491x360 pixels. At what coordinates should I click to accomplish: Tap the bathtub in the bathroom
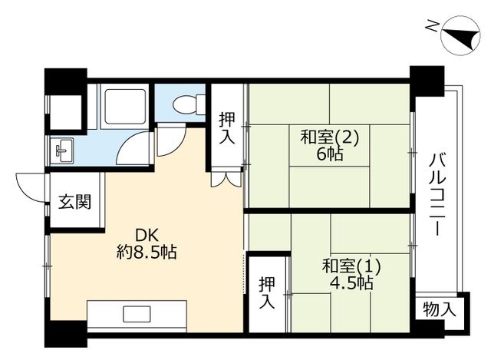click(x=125, y=107)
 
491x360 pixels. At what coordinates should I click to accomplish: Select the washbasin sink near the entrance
click(x=62, y=150)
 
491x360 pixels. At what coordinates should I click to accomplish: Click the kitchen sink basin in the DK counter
click(x=137, y=314)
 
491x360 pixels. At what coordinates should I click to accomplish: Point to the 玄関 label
click(x=75, y=202)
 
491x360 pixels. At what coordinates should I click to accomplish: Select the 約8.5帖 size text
click(x=147, y=252)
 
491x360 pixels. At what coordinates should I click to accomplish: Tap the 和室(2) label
click(x=329, y=137)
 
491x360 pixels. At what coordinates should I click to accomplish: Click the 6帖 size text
click(x=330, y=154)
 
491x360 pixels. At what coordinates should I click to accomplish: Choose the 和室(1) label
click(x=351, y=266)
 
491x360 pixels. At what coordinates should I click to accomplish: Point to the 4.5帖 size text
click(x=351, y=283)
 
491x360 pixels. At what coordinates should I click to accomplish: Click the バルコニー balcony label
click(x=437, y=194)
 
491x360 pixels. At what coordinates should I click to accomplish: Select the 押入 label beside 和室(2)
click(x=227, y=128)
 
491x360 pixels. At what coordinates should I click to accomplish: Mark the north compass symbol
click(x=460, y=36)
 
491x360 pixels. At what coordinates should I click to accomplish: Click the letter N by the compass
click(x=431, y=25)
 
